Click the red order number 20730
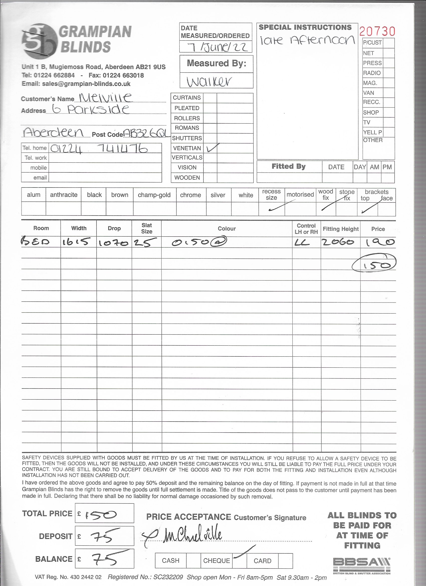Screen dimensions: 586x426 point(377,31)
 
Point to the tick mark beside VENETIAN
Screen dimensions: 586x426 point(213,148)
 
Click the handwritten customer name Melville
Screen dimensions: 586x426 point(105,97)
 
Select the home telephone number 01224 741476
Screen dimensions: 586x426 point(99,149)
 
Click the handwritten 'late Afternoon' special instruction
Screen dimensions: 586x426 point(307,41)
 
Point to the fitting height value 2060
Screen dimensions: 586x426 point(338,242)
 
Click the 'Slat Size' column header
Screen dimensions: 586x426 point(147,228)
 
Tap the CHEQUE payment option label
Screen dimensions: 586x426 point(217,561)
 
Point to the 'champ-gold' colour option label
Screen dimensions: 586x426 point(154,195)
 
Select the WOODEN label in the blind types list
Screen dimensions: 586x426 point(187,177)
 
